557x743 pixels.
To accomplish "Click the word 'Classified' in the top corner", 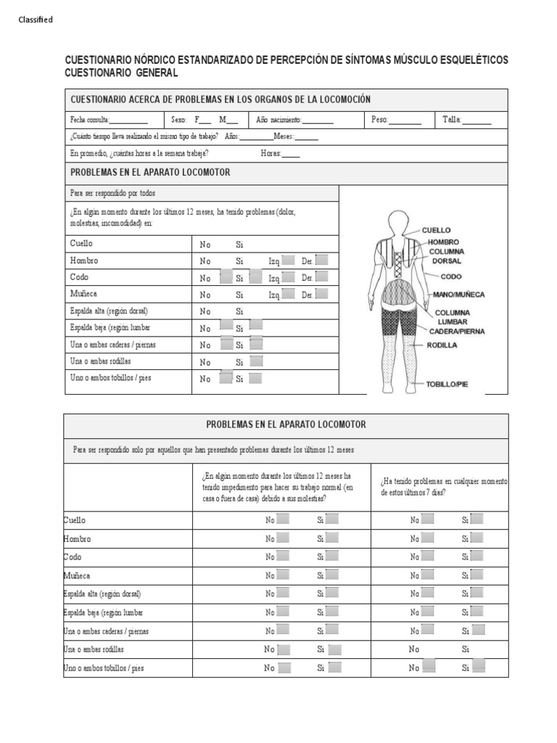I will coord(36,20).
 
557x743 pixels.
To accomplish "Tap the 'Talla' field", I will coord(476,120).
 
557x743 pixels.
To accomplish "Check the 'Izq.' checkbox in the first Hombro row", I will coord(288,260).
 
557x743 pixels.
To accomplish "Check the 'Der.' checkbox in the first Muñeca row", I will coord(321,294).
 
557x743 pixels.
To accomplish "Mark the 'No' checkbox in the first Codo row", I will coord(226,276).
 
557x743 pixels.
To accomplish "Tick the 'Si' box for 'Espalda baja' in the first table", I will coord(256,327).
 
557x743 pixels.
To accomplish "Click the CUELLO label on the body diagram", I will coord(436,230).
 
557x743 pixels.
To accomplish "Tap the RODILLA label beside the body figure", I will coord(442,345).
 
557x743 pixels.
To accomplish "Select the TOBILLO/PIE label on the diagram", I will coord(447,384).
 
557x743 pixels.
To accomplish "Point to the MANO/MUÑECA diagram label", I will coord(459,295).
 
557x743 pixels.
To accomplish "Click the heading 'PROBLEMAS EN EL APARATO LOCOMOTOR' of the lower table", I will coord(286,424).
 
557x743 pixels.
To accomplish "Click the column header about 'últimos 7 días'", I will coord(442,486).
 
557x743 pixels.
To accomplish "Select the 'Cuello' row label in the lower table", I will coord(75,520).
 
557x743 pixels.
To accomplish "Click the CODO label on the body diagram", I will coord(450,276).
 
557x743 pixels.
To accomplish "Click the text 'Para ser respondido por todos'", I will coord(112,194).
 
